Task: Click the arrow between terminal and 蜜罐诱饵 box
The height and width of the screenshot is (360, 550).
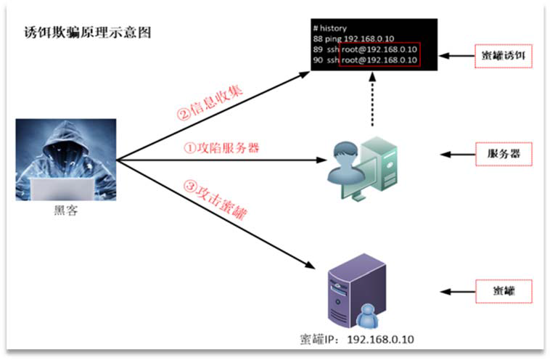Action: [x=455, y=56]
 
